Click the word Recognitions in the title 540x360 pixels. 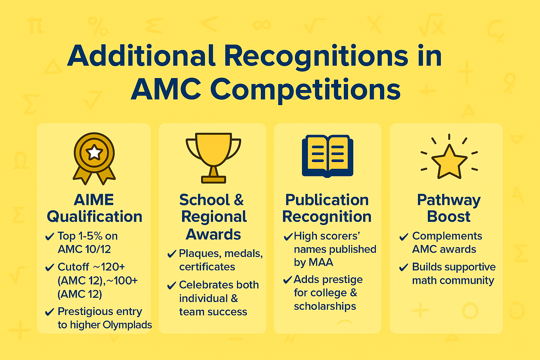316,56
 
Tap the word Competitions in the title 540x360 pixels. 306,89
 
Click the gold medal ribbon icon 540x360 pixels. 94,158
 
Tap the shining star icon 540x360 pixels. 449,161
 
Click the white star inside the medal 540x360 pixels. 94,152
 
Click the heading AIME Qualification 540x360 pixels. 94,208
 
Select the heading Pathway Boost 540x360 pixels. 449,208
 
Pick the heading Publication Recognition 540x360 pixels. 327,208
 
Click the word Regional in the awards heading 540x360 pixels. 214,217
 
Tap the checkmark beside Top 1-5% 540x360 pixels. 50,237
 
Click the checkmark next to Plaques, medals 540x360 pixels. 172,254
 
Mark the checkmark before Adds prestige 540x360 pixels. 288,280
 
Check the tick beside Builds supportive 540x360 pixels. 404,268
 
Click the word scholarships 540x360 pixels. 325,306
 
